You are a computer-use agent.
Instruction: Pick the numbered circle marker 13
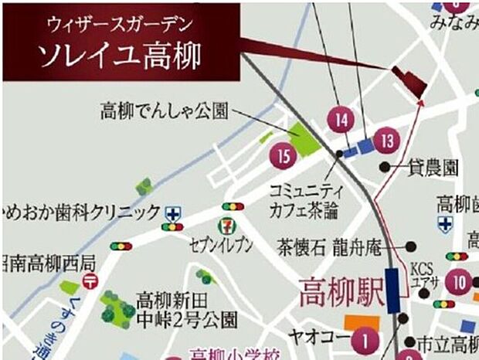tap(386, 141)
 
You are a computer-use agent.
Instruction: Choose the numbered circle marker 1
tap(365, 339)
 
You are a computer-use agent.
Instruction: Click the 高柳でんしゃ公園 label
tap(164, 111)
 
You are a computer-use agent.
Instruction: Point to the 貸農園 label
tap(433, 168)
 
